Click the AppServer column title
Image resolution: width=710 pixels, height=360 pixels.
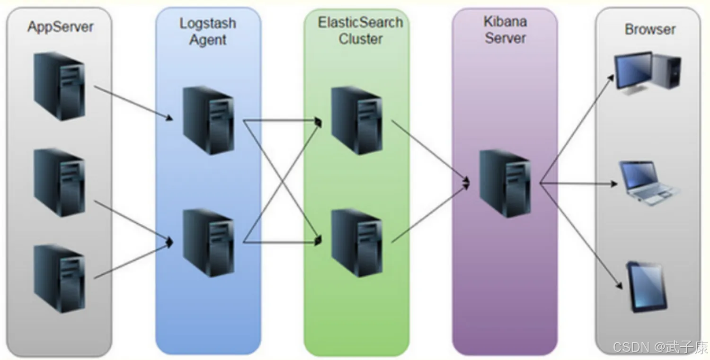click(x=60, y=26)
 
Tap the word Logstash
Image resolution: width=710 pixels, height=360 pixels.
click(x=208, y=23)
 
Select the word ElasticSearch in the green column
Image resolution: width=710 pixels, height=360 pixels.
click(x=360, y=22)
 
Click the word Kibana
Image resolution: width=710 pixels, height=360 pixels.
click(x=505, y=21)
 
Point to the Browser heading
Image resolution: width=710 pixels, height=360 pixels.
click(x=650, y=29)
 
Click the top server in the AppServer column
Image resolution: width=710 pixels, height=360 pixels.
click(x=59, y=86)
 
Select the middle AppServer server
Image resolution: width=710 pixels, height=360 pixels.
click(x=59, y=182)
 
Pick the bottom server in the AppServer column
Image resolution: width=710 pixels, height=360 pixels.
click(x=59, y=278)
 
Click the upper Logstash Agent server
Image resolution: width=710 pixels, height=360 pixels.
click(x=208, y=120)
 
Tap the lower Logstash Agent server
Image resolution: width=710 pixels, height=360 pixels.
click(x=208, y=242)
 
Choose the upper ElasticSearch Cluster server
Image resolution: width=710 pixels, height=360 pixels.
click(x=356, y=120)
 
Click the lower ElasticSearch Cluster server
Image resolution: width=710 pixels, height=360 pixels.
click(x=356, y=242)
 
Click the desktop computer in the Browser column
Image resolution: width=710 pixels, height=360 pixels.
click(x=647, y=73)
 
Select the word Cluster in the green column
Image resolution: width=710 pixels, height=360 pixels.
click(x=360, y=39)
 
